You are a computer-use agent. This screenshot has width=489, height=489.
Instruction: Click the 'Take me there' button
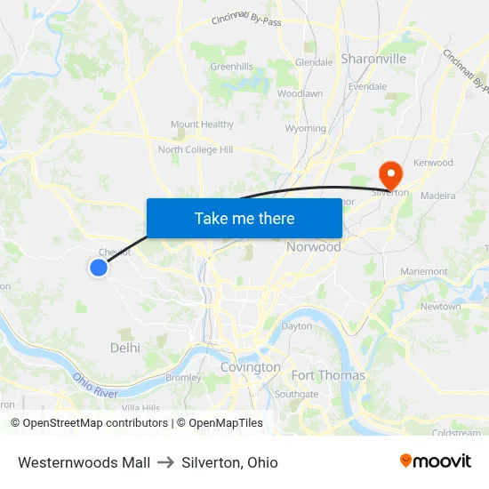[x=244, y=218]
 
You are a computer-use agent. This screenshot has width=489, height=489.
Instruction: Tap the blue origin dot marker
[x=99, y=267]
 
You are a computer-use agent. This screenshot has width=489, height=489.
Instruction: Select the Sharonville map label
[x=373, y=59]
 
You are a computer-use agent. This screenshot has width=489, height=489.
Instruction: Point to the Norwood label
[x=313, y=246]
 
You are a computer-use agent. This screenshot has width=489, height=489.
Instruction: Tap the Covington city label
[x=251, y=367]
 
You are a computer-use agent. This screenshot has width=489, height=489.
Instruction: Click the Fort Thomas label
[x=328, y=375]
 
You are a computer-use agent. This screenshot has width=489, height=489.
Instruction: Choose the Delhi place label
[x=125, y=348]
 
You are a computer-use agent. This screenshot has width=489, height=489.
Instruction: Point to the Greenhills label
[x=231, y=67]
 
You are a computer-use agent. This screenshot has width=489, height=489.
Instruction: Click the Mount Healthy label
[x=202, y=124]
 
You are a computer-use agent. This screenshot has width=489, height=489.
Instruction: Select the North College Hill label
[x=195, y=149]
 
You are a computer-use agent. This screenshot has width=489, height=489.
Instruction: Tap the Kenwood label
[x=433, y=163]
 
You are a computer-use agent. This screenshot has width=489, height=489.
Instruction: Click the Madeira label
[x=437, y=196]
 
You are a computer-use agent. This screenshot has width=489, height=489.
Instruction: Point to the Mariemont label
[x=424, y=271]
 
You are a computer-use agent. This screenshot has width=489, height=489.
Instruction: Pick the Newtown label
[x=440, y=307]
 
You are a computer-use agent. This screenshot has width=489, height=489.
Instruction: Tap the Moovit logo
[x=436, y=461]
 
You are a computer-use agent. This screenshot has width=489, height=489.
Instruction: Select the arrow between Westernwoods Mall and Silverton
[x=165, y=462]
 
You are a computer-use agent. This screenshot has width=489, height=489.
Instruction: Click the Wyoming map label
[x=306, y=128]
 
